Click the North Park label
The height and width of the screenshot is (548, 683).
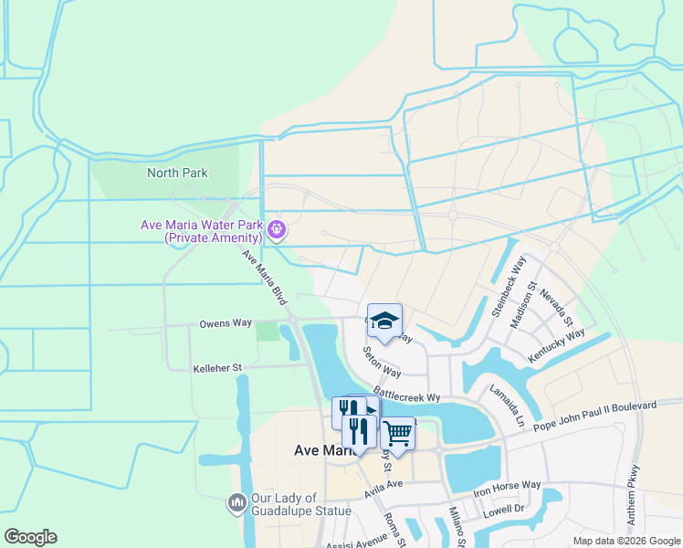click(x=177, y=173)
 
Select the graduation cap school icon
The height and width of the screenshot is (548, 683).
click(x=384, y=321)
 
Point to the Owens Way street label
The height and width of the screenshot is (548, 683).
click(x=226, y=323)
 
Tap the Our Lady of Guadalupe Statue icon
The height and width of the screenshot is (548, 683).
click(x=236, y=502)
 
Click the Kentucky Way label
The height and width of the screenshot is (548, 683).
click(x=557, y=347)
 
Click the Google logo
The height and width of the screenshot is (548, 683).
click(x=31, y=536)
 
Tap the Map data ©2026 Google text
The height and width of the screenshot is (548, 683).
click(x=627, y=541)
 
